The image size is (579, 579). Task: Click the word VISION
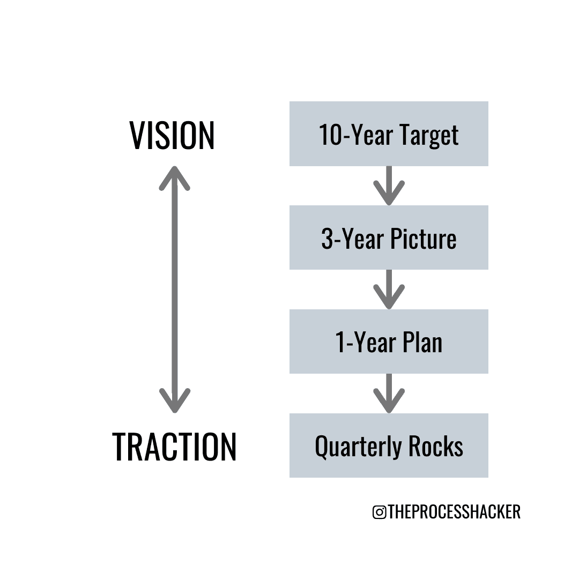click(172, 135)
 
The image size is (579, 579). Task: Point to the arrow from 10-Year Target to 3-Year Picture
click(389, 185)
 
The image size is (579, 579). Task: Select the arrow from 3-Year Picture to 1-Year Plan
click(389, 289)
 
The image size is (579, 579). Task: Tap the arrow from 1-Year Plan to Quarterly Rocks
click(389, 394)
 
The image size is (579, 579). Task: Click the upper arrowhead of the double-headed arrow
click(175, 177)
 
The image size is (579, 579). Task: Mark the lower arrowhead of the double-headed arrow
click(175, 401)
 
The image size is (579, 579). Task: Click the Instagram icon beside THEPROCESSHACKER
click(379, 512)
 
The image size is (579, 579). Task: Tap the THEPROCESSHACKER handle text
click(454, 512)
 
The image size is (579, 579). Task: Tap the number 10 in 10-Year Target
click(329, 135)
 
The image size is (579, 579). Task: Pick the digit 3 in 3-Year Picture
click(327, 239)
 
